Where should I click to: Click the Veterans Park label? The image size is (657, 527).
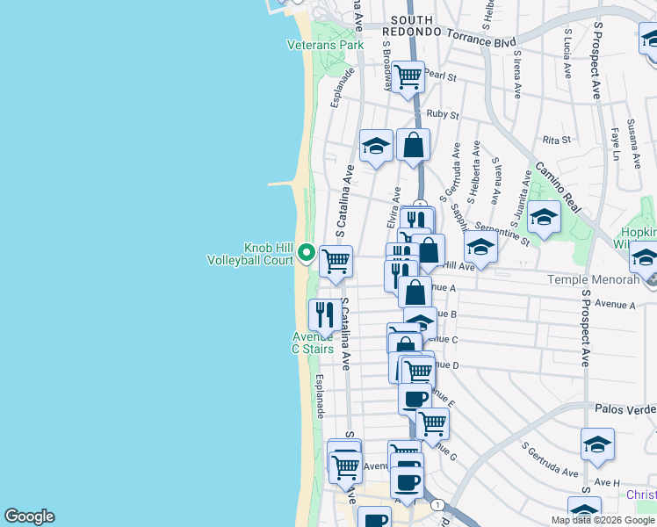coord(325,45)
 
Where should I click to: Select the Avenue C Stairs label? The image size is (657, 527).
coord(313,343)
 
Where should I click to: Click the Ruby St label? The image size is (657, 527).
coord(443,114)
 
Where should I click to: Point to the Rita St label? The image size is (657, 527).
coord(557,140)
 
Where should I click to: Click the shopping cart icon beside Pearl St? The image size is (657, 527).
coord(408,76)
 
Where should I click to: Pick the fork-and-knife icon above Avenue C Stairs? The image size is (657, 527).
coord(324,314)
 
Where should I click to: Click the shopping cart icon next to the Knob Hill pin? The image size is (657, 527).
coord(336,261)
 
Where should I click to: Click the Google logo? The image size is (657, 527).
coord(29,516)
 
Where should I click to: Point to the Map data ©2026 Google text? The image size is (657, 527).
coord(602,520)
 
